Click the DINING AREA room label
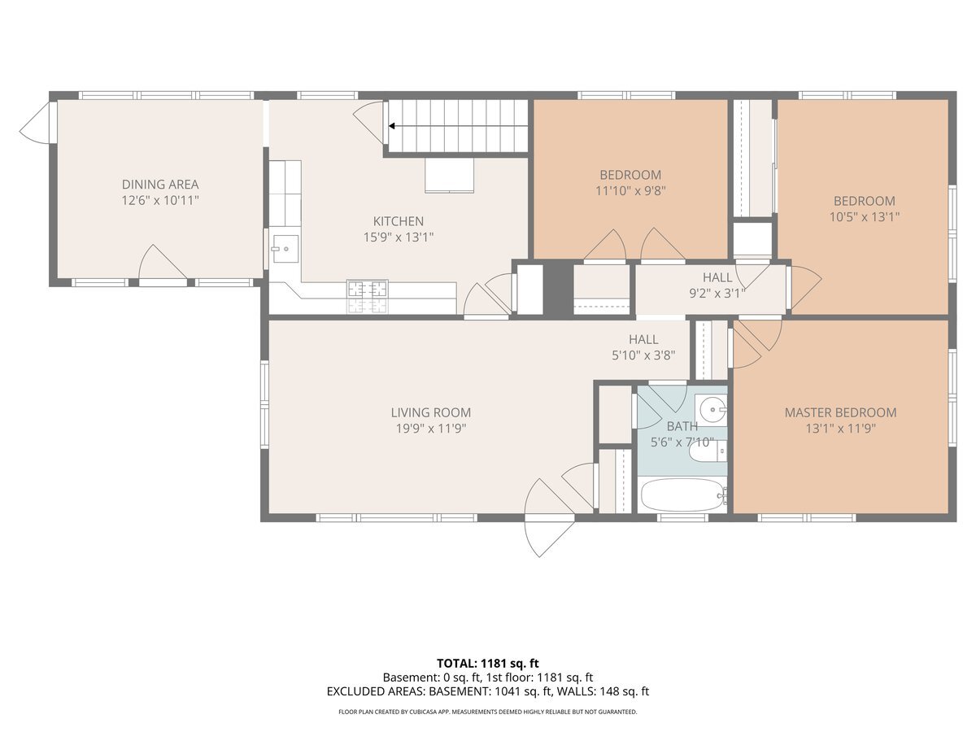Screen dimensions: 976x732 click(x=160, y=184)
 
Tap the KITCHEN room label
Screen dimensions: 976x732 click(x=398, y=221)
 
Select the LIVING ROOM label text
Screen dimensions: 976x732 click(x=431, y=412)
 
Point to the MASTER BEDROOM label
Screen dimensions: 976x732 click(x=840, y=412)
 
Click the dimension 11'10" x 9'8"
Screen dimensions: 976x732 click(x=630, y=190)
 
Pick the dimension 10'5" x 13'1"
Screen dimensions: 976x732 click(x=865, y=217)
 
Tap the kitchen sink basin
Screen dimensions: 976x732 click(x=285, y=249)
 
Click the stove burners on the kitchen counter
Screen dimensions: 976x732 click(x=368, y=297)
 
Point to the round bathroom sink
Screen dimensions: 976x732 click(x=712, y=408)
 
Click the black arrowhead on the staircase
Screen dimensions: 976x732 click(x=392, y=126)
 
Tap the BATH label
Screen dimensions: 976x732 click(x=682, y=426)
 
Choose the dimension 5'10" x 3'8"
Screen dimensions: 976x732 click(x=643, y=355)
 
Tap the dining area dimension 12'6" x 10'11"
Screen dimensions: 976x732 click(x=160, y=200)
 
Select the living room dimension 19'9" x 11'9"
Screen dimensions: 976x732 click(x=431, y=429)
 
